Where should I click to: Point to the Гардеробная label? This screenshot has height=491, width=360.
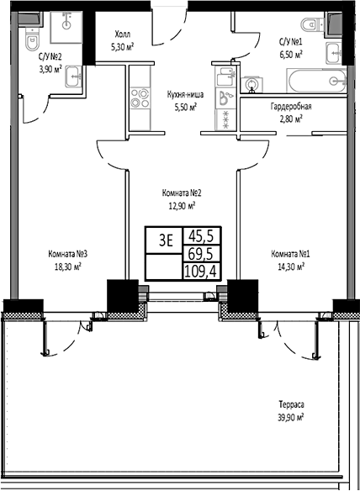tap(292, 107)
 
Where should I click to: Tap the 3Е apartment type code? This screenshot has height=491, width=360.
tap(166, 239)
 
